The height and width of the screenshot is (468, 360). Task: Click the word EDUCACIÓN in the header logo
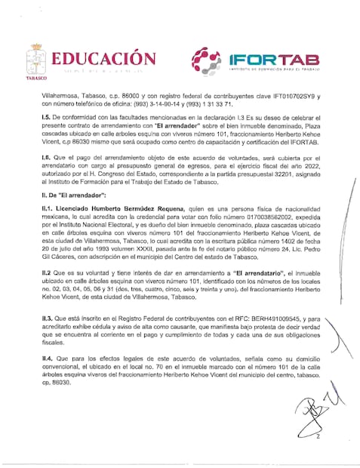pyautogui.click(x=104, y=58)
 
